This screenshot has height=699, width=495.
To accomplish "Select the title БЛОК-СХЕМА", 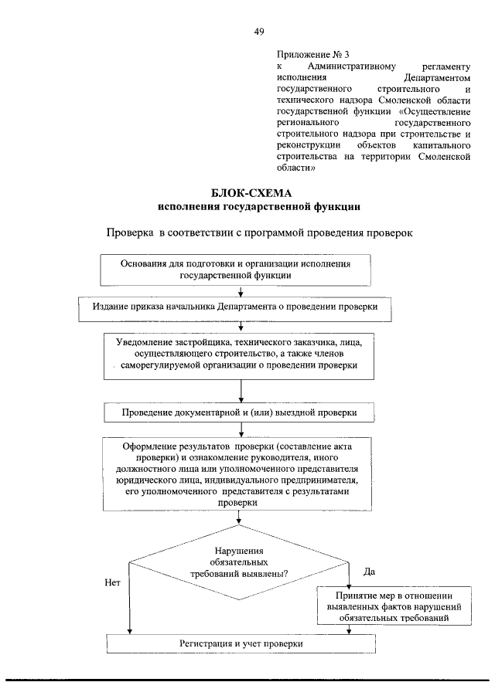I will pyautogui.click(x=258, y=193).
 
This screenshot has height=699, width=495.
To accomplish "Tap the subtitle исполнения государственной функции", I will pyautogui.click(x=258, y=207).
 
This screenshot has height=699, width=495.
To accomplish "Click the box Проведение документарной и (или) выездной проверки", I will pyautogui.click(x=240, y=412).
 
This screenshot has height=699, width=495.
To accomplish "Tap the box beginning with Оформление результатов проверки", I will pyautogui.click(x=241, y=473).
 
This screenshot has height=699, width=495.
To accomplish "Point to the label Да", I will pyautogui.click(x=369, y=572).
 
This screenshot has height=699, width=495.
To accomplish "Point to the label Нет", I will pyautogui.click(x=111, y=583).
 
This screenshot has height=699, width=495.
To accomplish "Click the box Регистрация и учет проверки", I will pyautogui.click(x=241, y=643).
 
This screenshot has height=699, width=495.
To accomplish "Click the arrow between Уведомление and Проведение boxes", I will pyautogui.click(x=242, y=391).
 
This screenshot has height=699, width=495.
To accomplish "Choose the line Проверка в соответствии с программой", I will pyautogui.click(x=260, y=232).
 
